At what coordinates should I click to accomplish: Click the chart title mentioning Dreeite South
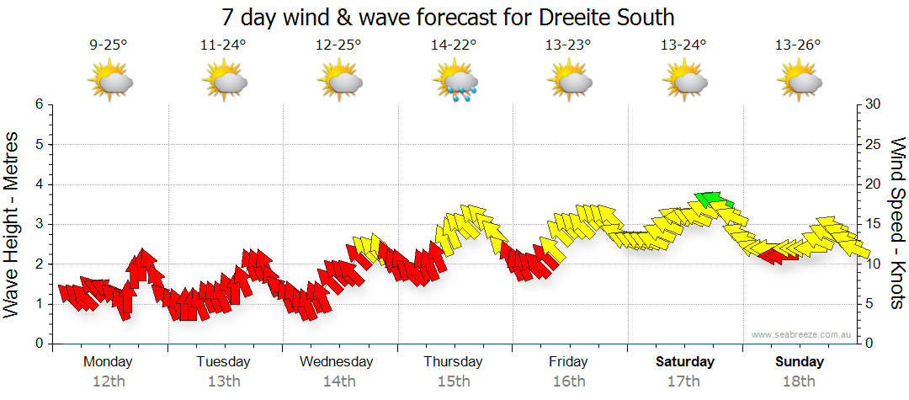point(449,17)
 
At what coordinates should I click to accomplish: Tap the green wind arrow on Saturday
point(712,200)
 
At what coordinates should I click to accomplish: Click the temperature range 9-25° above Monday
point(108,45)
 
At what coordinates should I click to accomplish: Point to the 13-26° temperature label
point(797,45)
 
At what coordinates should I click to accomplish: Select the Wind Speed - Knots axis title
point(897,223)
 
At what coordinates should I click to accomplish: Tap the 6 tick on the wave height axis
point(38,104)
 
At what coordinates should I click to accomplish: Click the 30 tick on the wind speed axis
point(873,104)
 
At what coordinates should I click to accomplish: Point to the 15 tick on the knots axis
point(873,224)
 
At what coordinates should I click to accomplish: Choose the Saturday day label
point(684,362)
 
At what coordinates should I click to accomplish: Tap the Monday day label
point(108,362)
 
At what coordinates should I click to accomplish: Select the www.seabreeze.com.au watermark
point(801,334)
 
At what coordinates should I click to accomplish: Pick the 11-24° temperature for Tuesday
point(223,45)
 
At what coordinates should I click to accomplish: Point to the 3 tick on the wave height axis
point(38,224)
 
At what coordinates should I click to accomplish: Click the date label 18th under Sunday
point(800,381)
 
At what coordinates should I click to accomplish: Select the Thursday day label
point(453,362)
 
